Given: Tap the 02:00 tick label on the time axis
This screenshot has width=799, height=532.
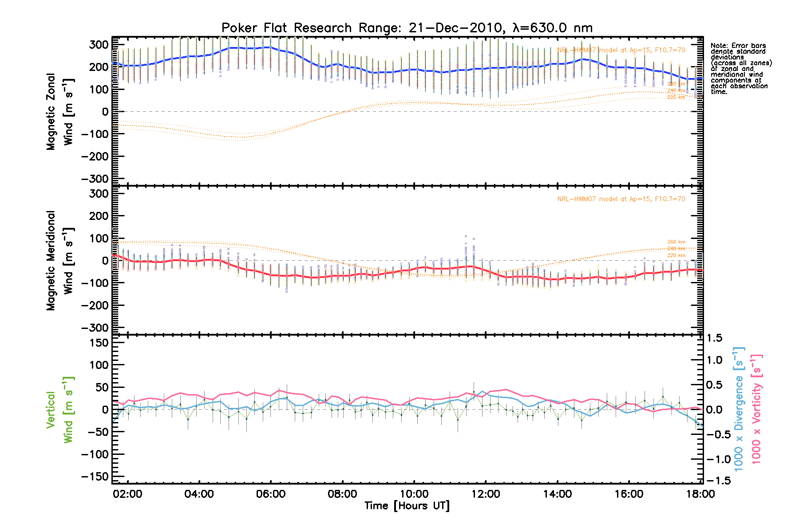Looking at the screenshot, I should pyautogui.click(x=127, y=494).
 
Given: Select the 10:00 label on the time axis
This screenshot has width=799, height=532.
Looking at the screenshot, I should pyautogui.click(x=414, y=494).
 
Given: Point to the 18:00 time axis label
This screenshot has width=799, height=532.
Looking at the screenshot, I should pyautogui.click(x=700, y=494).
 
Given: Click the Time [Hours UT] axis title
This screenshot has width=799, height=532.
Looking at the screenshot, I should pyautogui.click(x=407, y=506).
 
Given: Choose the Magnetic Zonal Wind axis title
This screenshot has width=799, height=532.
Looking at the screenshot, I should pyautogui.click(x=59, y=112).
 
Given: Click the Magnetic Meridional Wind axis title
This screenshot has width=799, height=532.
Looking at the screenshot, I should pyautogui.click(x=59, y=260).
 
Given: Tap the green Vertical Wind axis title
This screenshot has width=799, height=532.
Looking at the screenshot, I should pyautogui.click(x=59, y=410).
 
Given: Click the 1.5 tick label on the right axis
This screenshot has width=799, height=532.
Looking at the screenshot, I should pyautogui.click(x=714, y=338).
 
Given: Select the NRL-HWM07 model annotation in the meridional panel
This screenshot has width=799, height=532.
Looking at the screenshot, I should pyautogui.click(x=621, y=199).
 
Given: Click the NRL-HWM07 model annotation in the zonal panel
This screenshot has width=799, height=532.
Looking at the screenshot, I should pyautogui.click(x=621, y=50).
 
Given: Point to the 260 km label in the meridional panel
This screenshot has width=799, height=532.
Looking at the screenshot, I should pyautogui.click(x=676, y=242).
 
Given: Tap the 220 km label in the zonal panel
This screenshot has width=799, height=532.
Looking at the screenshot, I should pyautogui.click(x=676, y=97).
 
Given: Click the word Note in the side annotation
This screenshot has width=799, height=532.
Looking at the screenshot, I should pyautogui.click(x=719, y=46).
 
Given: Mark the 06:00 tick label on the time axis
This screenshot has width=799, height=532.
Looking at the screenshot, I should pyautogui.click(x=271, y=494).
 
